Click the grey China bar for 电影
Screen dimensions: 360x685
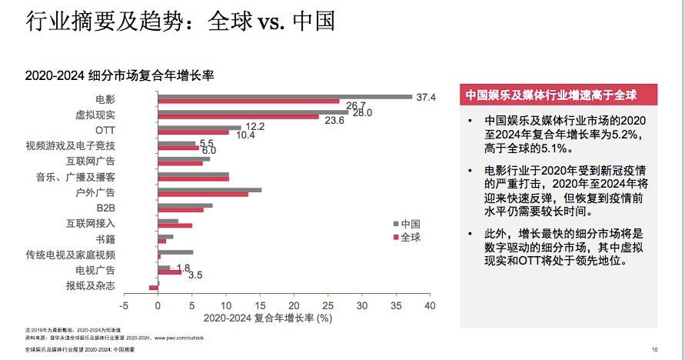click(284, 97)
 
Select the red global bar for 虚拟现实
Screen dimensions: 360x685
click(238, 117)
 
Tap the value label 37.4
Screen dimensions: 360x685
click(426, 98)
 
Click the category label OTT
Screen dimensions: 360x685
click(105, 130)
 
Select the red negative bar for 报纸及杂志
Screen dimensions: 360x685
click(153, 288)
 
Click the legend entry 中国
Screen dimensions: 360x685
click(410, 224)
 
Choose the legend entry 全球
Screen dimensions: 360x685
click(410, 237)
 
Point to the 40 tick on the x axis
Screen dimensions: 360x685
click(429, 305)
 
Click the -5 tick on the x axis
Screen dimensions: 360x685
click(124, 305)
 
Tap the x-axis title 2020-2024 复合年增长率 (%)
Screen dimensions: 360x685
click(268, 317)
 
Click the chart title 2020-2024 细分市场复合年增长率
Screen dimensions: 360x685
click(118, 75)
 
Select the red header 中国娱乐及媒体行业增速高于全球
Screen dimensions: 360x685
click(550, 95)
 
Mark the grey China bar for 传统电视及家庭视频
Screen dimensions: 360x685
click(175, 252)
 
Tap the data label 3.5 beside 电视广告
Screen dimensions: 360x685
click(195, 275)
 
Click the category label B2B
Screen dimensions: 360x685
click(105, 208)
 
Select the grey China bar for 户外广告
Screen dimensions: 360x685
click(209, 189)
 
